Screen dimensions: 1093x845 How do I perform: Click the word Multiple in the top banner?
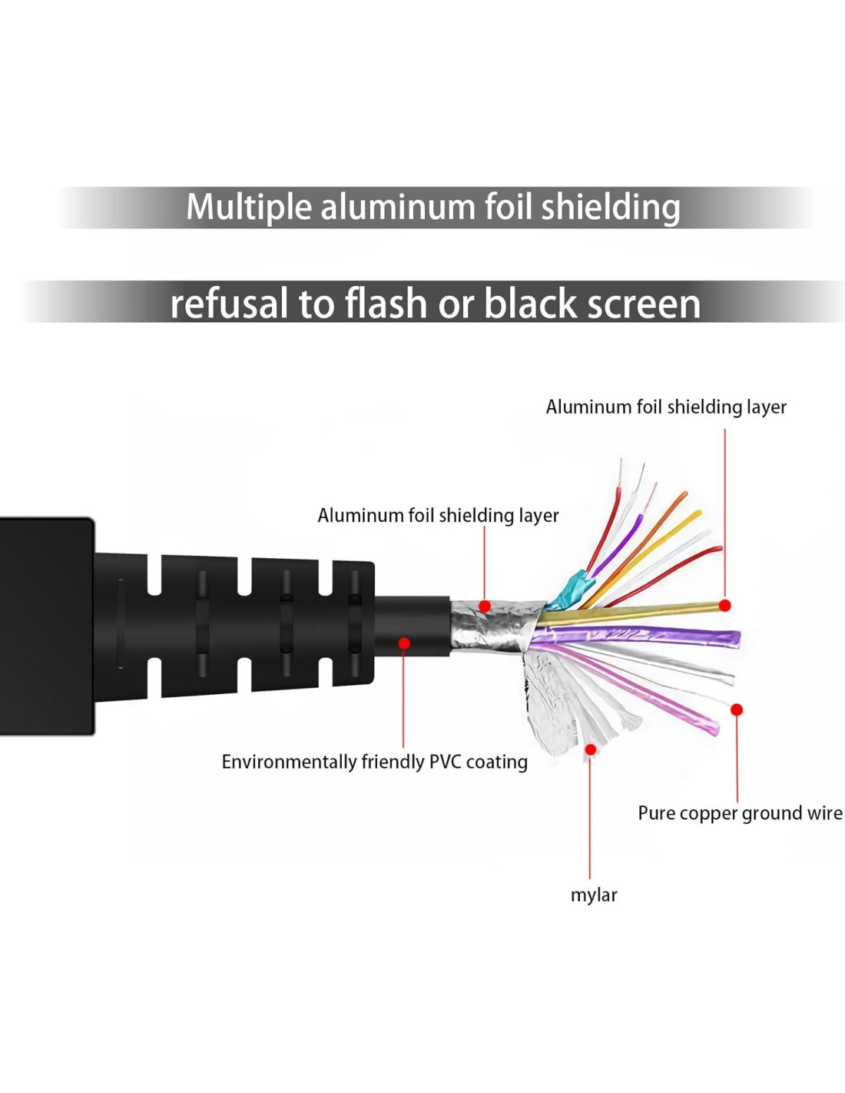pyautogui.click(x=249, y=208)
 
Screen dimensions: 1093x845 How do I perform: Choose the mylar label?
pyautogui.click(x=593, y=895)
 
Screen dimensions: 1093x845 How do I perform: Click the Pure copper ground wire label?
pyautogui.click(x=739, y=813)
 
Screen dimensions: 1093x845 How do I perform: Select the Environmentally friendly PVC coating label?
pyautogui.click(x=374, y=762)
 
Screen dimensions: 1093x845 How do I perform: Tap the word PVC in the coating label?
pyautogui.click(x=445, y=762)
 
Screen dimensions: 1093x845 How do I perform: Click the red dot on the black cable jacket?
pyautogui.click(x=404, y=643)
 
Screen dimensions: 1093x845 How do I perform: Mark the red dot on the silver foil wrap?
pyautogui.click(x=485, y=606)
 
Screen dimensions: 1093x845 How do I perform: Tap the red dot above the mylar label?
pyautogui.click(x=590, y=749)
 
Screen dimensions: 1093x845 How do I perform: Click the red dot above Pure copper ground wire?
pyautogui.click(x=736, y=709)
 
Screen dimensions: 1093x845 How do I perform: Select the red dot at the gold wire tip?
pyautogui.click(x=724, y=606)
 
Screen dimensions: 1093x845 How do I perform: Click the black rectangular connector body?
pyautogui.click(x=46, y=626)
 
